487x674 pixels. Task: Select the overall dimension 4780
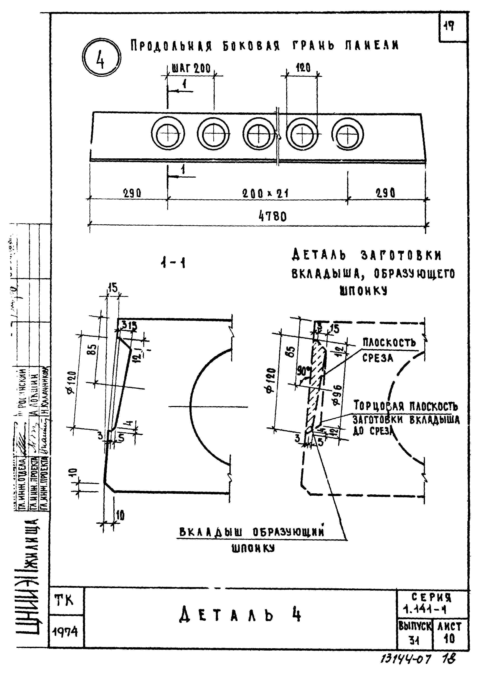pos(273,216)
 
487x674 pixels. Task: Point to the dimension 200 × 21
pos(265,194)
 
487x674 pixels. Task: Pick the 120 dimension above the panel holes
pos(303,68)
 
